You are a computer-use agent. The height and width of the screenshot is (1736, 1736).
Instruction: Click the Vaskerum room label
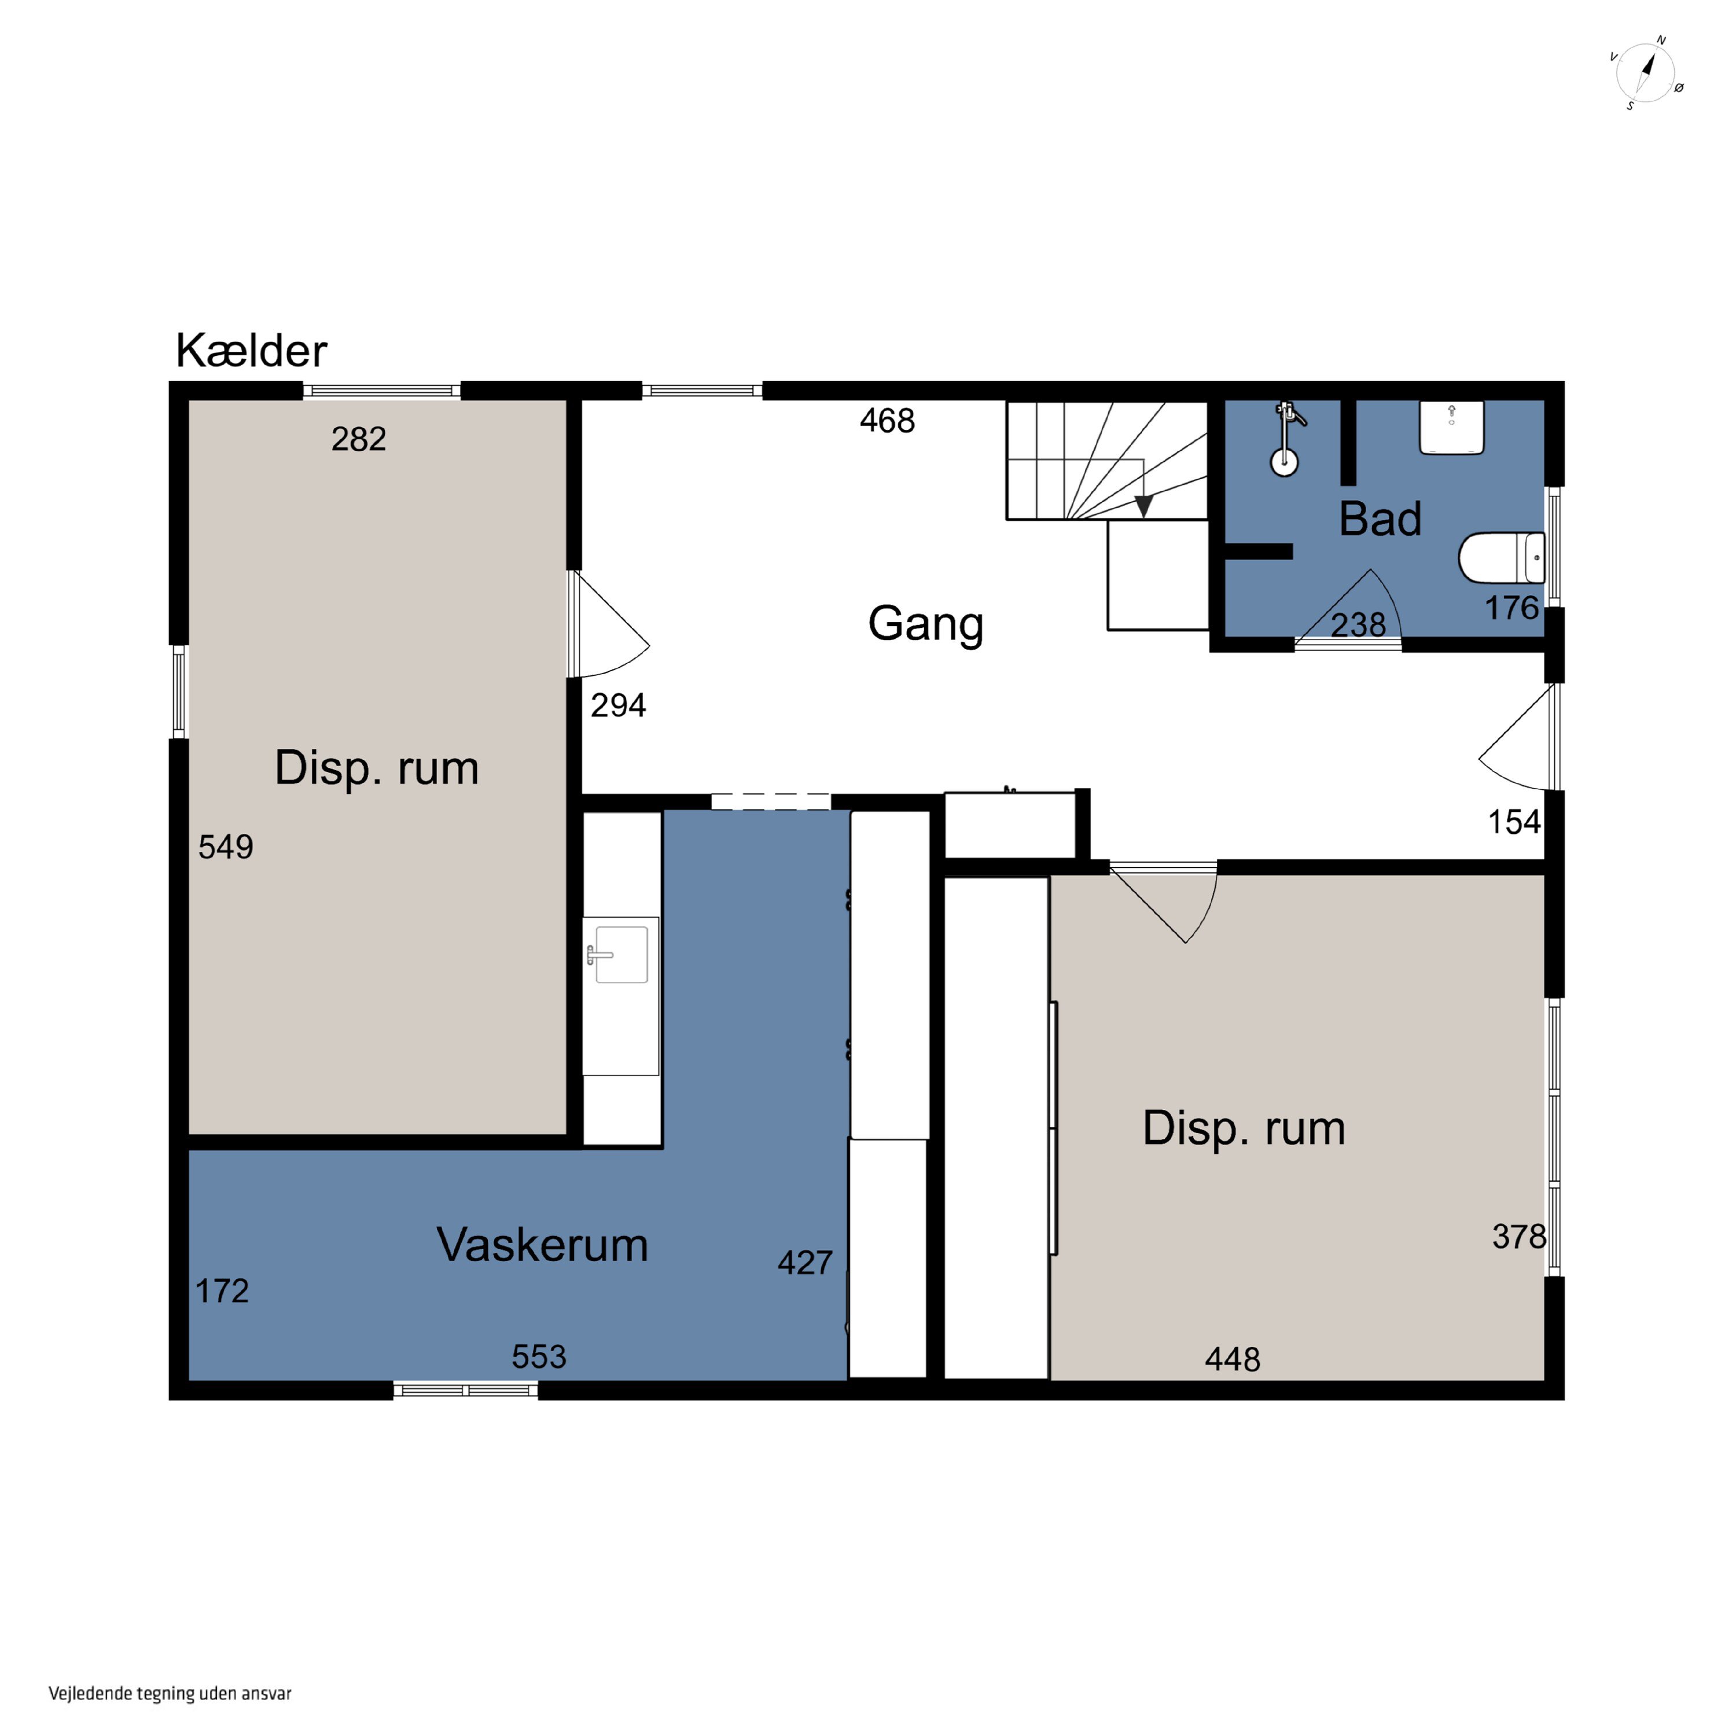(x=542, y=1245)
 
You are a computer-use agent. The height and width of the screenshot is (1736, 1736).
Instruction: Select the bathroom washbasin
(x=1451, y=427)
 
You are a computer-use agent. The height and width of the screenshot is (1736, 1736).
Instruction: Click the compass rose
(x=1647, y=73)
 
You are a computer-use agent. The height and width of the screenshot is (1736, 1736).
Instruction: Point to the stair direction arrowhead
(x=1143, y=507)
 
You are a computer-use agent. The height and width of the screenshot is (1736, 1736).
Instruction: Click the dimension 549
(x=226, y=847)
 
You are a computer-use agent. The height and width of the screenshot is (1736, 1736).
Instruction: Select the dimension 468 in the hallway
(x=887, y=421)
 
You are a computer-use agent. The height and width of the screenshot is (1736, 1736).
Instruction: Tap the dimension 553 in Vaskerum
(x=539, y=1356)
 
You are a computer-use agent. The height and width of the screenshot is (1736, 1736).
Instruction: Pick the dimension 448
(x=1232, y=1359)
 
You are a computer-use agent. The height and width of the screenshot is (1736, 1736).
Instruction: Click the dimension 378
(x=1518, y=1237)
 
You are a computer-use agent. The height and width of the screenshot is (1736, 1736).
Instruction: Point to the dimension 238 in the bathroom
(x=1358, y=624)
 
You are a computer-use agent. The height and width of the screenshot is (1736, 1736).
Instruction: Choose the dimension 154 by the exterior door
(x=1514, y=821)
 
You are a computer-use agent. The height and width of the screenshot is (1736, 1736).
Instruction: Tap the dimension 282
(x=359, y=439)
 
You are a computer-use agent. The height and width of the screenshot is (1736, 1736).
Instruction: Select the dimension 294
(x=618, y=705)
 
